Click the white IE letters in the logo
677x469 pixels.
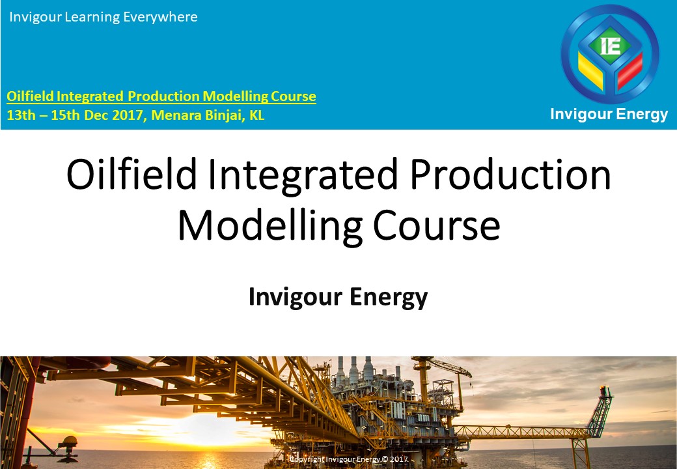pos(611,46)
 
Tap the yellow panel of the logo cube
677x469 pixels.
pos(590,68)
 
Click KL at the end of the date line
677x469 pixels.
pos(257,116)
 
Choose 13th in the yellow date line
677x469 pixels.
pos(19,116)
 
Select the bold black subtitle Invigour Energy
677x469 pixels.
pos(338,297)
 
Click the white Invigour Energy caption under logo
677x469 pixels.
pos(609,115)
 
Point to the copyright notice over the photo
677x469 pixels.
pos(348,460)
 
